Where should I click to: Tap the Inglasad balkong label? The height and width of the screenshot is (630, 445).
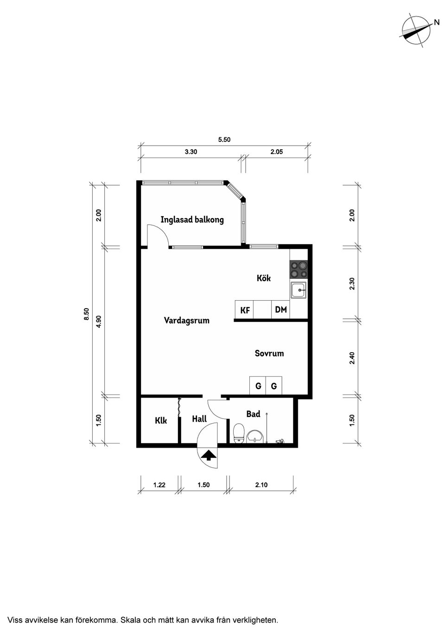click(x=192, y=219)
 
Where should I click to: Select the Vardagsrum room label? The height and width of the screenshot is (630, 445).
click(x=186, y=321)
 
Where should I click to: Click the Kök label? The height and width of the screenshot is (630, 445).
click(x=264, y=278)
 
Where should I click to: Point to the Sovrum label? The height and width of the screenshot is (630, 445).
click(x=269, y=354)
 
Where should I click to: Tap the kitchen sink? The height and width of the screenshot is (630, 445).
click(x=298, y=290)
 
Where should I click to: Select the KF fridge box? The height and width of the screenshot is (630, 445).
click(x=245, y=310)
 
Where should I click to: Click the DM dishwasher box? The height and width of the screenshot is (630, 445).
click(x=280, y=310)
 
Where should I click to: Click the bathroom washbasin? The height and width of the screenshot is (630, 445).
click(x=255, y=436)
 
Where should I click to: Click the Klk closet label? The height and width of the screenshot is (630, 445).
click(x=161, y=421)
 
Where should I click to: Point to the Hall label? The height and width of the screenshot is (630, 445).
click(x=199, y=419)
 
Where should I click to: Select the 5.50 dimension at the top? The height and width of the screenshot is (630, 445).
click(x=224, y=139)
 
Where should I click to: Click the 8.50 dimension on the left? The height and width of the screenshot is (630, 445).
click(x=86, y=315)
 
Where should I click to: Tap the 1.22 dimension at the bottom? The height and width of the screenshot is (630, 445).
click(x=159, y=485)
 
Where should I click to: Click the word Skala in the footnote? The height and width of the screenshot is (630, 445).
click(x=130, y=620)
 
